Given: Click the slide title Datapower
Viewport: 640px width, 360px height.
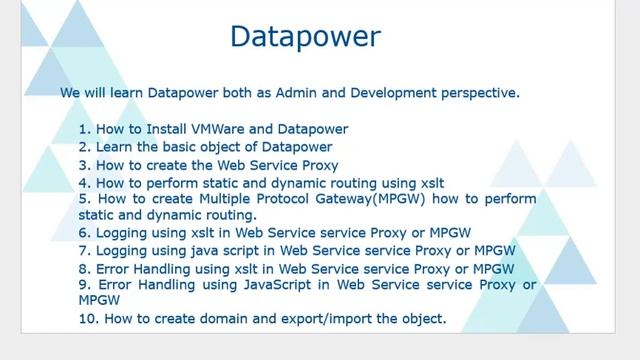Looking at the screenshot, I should tap(305, 37).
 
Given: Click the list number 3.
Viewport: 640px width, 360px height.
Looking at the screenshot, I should tap(83, 165).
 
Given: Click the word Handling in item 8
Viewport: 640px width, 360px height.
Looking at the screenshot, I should tap(162, 268).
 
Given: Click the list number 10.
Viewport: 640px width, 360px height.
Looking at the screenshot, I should tap(88, 319).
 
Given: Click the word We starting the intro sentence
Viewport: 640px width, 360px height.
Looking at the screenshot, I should tap(70, 93).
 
